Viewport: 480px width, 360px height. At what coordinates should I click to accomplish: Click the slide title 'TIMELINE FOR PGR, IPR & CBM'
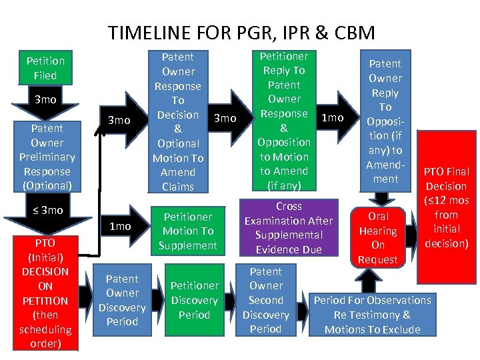241,33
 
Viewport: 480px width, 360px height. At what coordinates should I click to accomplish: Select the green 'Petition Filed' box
45,68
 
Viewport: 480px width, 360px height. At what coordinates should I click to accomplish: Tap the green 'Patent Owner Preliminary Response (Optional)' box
45,157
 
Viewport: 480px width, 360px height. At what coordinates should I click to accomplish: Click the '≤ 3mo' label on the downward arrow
47,211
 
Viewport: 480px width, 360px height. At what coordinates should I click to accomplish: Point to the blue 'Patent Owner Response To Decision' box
178,121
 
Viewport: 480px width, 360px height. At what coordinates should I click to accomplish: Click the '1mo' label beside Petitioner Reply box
332,118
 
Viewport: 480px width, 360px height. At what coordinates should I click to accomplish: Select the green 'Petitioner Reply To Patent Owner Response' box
285,121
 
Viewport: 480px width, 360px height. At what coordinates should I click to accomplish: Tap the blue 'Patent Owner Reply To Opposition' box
385,121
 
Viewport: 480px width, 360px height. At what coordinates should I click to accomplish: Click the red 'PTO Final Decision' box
446,207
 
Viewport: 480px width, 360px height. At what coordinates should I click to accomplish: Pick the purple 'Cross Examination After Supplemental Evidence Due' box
288,228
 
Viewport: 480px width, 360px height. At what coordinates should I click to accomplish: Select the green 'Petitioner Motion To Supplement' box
188,231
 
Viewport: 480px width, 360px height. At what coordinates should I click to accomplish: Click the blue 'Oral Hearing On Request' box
378,237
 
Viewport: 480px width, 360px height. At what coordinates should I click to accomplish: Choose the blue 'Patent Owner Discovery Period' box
122,300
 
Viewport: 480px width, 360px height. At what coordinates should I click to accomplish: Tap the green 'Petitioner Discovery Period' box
194,300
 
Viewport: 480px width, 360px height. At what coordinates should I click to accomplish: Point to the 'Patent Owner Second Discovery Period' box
266,300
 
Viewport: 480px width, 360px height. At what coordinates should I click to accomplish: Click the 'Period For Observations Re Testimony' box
372,315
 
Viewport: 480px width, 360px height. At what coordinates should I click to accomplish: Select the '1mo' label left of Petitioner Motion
120,227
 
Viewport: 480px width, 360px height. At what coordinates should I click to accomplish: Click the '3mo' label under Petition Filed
45,99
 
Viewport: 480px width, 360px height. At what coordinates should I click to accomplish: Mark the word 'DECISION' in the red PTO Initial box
45,271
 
